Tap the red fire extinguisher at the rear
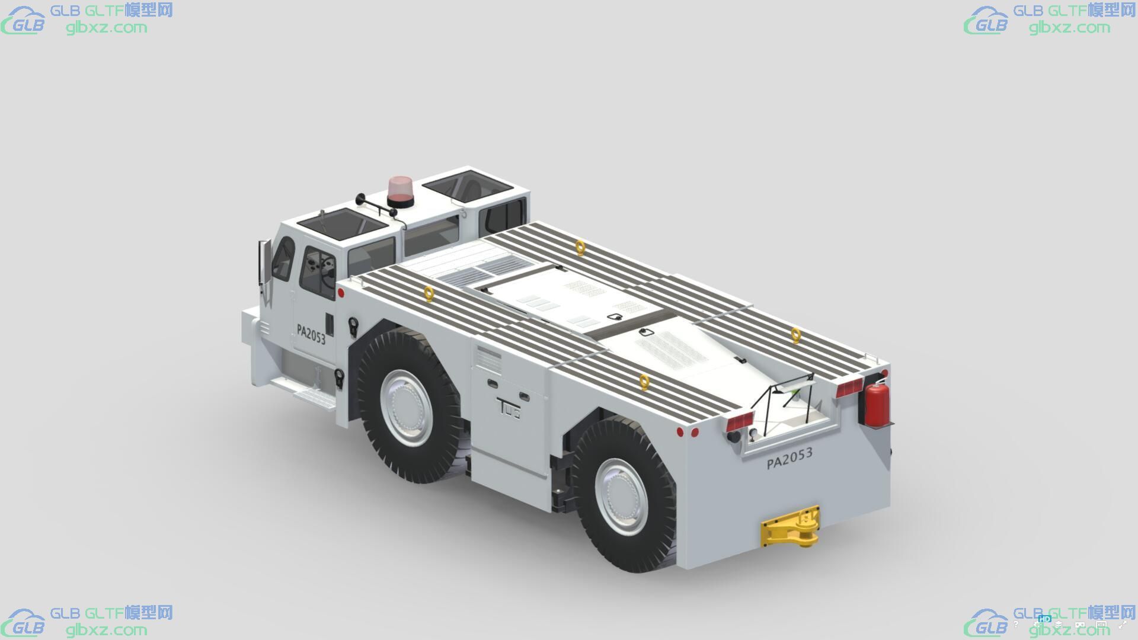pyautogui.click(x=875, y=404)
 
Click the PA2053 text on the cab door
pyautogui.click(x=311, y=334)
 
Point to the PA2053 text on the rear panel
pyautogui.click(x=789, y=458)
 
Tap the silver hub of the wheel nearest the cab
pyautogui.click(x=407, y=408)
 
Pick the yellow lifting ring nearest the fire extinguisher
pyautogui.click(x=796, y=335)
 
